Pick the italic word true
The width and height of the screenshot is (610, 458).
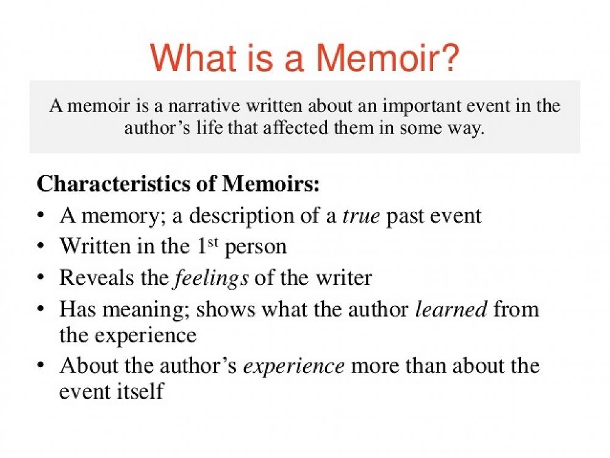coord(361,215)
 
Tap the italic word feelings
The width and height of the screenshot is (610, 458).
coord(211,277)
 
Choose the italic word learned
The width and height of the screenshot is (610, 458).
coord(451,309)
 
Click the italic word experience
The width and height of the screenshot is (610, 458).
coord(294,366)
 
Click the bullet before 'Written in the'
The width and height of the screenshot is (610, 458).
coord(40,247)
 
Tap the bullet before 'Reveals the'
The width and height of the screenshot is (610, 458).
coord(40,278)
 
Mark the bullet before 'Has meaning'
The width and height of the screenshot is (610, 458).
coord(40,309)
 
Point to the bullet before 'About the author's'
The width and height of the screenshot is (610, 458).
coord(40,367)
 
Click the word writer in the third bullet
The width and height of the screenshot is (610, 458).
coord(343,277)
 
